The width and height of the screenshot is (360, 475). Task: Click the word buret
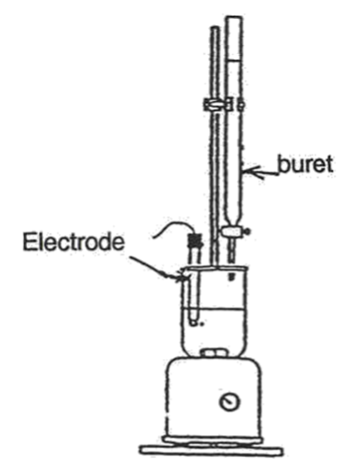[305, 165]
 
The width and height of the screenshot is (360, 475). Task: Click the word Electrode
[74, 242]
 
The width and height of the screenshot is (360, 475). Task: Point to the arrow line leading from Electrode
[155, 268]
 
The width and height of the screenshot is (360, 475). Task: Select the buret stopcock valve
[234, 232]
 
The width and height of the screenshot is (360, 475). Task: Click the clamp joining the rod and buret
[219, 105]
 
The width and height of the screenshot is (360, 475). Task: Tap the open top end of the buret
[234, 18]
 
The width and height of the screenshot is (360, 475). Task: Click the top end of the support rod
[215, 28]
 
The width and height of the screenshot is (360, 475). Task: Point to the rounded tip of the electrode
[193, 322]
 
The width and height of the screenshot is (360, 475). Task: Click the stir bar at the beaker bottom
[213, 354]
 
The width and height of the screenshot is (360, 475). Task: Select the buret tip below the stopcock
[233, 250]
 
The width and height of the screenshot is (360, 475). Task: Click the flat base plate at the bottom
[211, 450]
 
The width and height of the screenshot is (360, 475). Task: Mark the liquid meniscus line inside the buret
[234, 61]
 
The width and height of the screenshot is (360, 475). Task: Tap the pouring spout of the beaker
[183, 275]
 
